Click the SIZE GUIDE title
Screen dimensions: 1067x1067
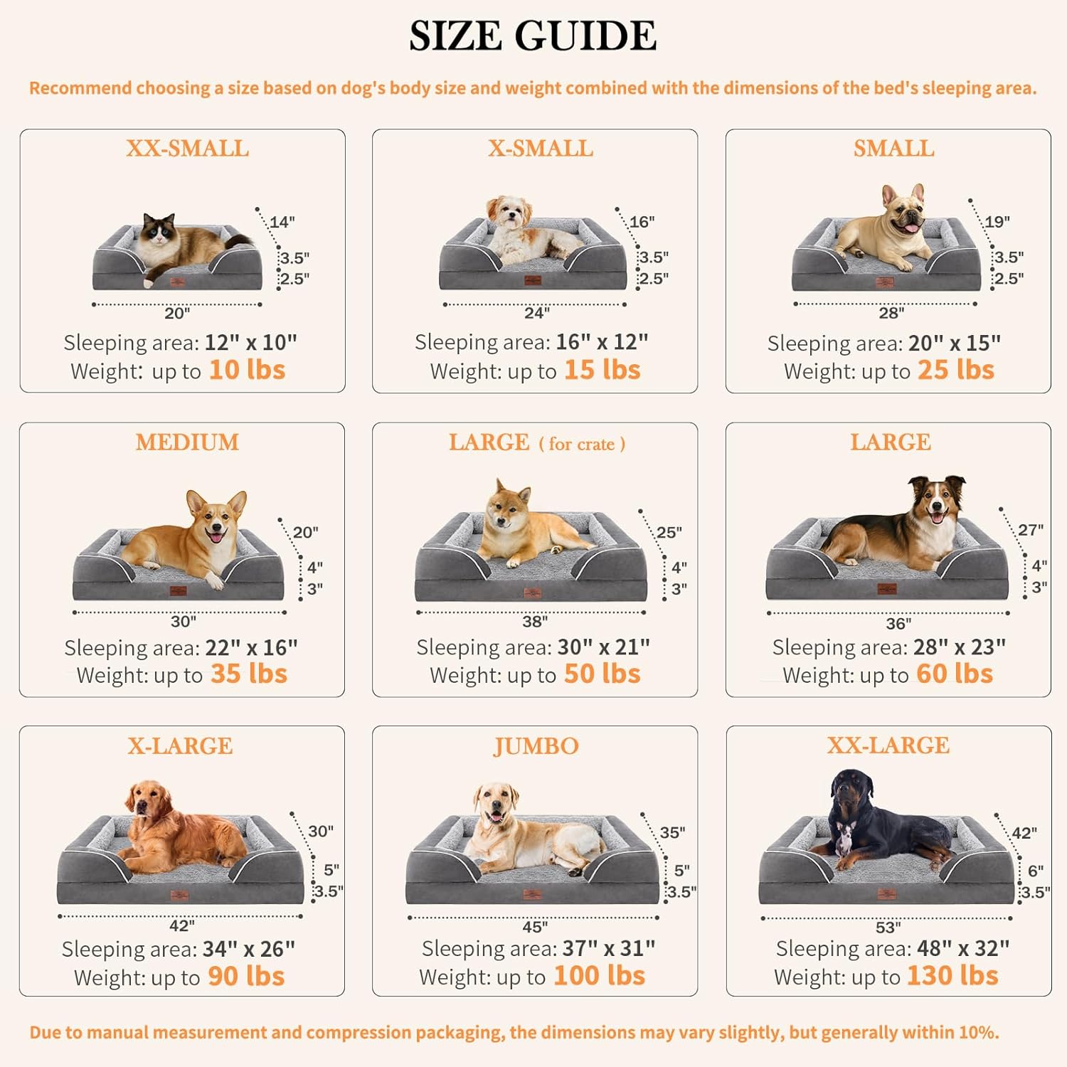point(533,36)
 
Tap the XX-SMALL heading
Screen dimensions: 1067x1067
point(187,148)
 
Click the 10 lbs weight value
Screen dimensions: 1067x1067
point(247,370)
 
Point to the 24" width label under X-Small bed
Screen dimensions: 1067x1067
point(537,313)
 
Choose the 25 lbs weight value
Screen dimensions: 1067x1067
point(955,370)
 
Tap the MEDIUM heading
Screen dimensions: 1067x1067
point(187,442)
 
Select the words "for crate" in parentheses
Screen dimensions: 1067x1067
point(582,444)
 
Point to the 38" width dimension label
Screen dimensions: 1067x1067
point(535,622)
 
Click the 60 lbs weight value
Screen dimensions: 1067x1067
point(954,674)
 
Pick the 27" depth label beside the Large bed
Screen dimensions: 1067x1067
point(1030,530)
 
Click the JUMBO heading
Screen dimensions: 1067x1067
point(536,745)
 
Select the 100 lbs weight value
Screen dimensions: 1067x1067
point(599,976)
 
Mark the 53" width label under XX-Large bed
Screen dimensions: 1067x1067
point(888,928)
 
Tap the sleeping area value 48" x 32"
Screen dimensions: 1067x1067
point(963,948)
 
